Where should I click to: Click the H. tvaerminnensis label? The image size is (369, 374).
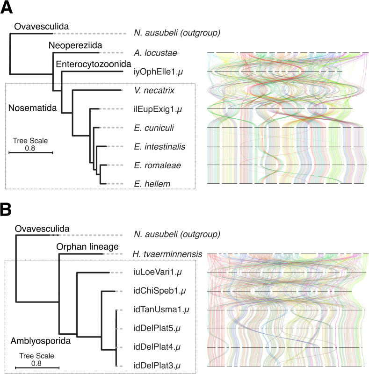167,254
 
